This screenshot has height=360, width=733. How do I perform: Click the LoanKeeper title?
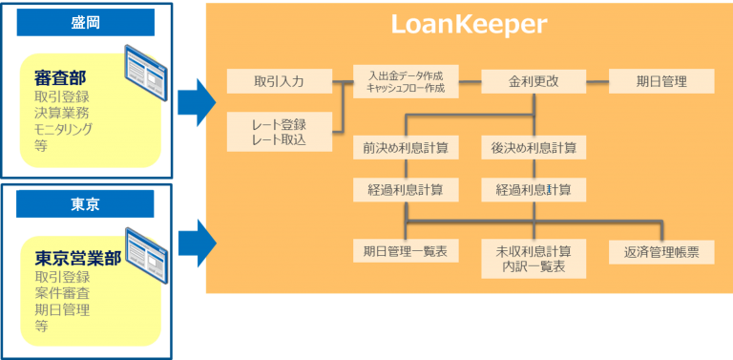469,25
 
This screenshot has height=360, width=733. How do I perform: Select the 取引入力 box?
280,81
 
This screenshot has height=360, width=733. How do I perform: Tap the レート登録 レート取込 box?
280,132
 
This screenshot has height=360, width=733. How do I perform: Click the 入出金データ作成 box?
406,81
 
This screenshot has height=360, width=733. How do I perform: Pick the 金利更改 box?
534,81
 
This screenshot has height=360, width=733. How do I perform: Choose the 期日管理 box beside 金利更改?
661,81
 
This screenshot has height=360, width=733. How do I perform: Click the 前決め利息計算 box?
406,148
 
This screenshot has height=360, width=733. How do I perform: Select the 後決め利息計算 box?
534,148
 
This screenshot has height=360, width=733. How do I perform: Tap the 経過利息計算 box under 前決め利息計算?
406,190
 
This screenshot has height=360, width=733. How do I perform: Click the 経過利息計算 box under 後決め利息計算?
534,190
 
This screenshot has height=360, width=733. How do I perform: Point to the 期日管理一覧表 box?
406,251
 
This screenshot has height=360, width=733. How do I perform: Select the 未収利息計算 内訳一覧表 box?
534,259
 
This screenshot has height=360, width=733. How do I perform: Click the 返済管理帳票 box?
661,252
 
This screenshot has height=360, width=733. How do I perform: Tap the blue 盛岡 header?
86,22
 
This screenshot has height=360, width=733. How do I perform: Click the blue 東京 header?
85,203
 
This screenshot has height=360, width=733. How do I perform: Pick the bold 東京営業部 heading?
78,258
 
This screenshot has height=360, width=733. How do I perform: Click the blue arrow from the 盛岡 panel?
197,102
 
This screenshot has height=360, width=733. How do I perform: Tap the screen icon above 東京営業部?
146,247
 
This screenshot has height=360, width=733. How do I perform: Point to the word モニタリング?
63,129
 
